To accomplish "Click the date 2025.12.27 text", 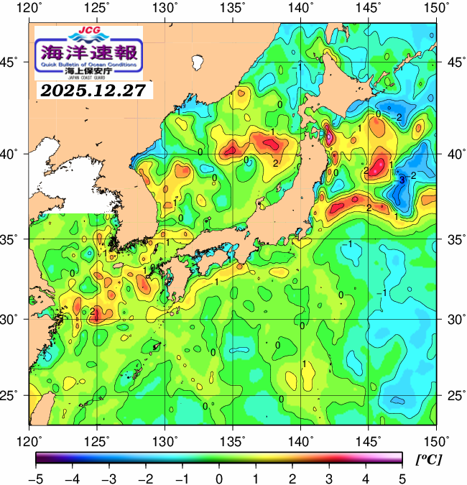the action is tap(92, 91).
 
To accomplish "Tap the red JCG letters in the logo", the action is tap(88, 31).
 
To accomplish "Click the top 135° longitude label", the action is tap(233, 8).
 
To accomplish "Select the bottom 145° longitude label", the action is tap(370, 440).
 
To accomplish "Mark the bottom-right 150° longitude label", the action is tap(437, 440).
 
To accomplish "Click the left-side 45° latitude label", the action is tap(14, 63).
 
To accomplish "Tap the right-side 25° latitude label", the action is tap(454, 396).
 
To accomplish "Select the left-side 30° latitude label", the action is tap(14, 318).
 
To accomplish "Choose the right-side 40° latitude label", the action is tap(454, 154).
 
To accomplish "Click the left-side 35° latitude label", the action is tap(14, 239).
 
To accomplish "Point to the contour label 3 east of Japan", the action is tap(402, 179).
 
